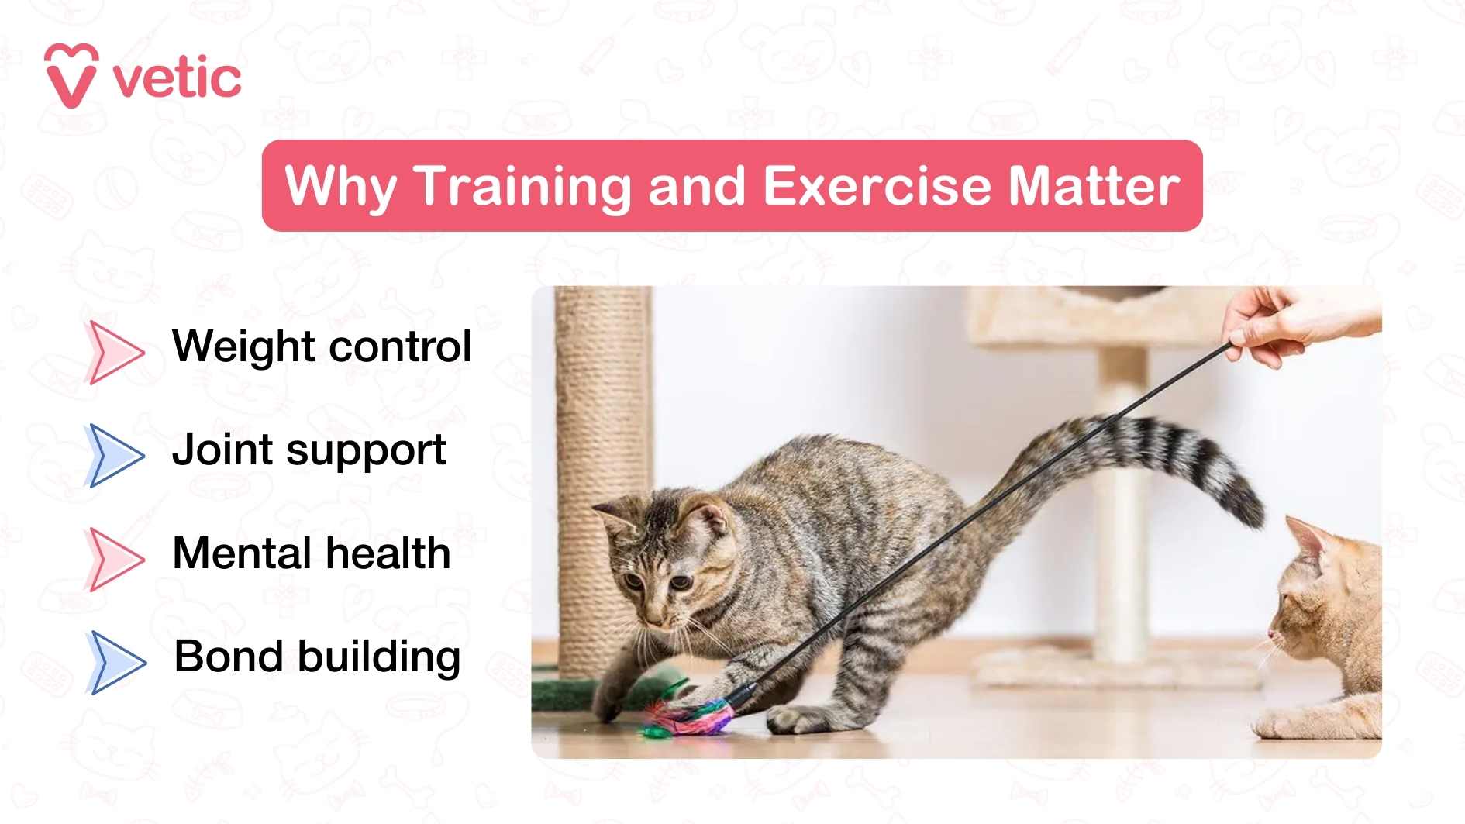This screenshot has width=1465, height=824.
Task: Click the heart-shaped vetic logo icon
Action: pos(71,75)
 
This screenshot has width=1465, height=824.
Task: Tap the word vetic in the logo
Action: pos(178,78)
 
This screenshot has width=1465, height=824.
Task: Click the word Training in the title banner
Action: pos(524,186)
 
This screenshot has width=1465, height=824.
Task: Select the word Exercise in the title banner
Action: pos(877,186)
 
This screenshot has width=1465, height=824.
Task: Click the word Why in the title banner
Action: pos(341,188)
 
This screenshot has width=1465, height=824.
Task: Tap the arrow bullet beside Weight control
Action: pos(115,352)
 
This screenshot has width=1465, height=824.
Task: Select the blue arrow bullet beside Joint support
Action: pos(115,455)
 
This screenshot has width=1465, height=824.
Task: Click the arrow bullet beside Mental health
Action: pos(115,559)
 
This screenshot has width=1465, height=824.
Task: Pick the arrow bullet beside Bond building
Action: pos(116,662)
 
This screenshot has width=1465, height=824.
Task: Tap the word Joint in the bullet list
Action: pos(222,450)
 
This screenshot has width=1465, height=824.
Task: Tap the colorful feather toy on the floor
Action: pos(690,715)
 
